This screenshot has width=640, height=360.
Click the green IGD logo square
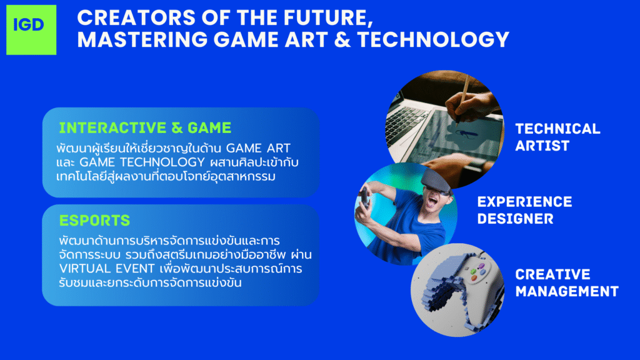pos(31,30)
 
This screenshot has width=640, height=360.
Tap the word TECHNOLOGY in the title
pos(433,39)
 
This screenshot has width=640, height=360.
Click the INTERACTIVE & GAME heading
pos(145,127)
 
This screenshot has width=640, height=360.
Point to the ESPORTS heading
pos(95,221)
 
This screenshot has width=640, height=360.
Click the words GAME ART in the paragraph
pos(258,147)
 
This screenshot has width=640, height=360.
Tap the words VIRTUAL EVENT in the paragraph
pos(107,269)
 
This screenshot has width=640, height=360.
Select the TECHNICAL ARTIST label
pos(557,137)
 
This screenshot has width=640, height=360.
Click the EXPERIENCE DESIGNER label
pos(524,210)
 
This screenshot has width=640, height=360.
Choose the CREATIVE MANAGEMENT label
pos(567,283)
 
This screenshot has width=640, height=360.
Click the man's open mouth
pos(432,202)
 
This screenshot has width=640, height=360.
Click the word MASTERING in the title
pos(142,39)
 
